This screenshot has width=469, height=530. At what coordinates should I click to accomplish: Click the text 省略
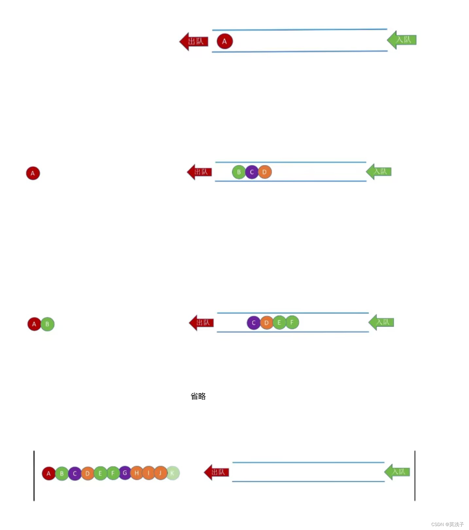198,396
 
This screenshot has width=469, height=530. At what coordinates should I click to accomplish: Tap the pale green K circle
173,473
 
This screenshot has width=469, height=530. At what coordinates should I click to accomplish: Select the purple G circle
125,473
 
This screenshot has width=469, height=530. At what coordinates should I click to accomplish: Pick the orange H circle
136,473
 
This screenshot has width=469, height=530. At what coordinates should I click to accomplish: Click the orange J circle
160,473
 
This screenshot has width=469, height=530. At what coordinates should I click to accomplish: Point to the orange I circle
148,473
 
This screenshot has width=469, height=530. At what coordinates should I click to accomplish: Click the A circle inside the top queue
225,41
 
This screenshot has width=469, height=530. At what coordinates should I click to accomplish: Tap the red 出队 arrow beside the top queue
194,42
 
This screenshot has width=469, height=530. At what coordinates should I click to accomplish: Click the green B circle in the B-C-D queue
239,172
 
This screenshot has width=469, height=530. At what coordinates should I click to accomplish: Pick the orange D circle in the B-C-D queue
265,172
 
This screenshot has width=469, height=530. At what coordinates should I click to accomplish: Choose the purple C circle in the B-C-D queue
252,172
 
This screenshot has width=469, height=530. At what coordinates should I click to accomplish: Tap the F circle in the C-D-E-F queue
292,322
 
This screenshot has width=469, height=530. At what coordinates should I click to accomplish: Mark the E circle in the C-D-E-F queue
279,322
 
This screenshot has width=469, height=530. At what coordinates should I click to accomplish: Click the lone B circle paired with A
47,324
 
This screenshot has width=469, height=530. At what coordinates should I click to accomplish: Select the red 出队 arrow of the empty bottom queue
216,472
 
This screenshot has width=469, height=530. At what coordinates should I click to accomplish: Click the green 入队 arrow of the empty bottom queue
397,472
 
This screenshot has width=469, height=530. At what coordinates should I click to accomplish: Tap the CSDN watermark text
447,524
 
